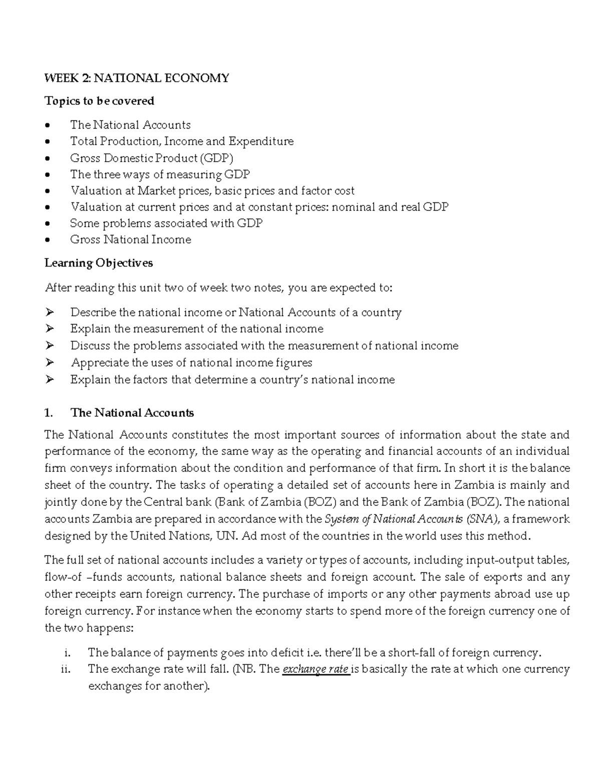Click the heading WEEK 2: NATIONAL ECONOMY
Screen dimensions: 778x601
pos(137,78)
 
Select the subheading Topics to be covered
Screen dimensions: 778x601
pos(99,101)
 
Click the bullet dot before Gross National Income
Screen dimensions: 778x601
pos(48,240)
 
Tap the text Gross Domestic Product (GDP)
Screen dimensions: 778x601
pos(152,158)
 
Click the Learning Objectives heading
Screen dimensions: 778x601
pos(99,263)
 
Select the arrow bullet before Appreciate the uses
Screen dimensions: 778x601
pos(49,362)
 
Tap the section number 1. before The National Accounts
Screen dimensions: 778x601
pos(49,413)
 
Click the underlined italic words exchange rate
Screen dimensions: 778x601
pos(316,669)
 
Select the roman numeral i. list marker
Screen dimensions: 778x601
pos(68,653)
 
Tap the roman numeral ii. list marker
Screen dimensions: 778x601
pos(67,669)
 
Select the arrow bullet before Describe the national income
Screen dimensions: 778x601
pos(49,313)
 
